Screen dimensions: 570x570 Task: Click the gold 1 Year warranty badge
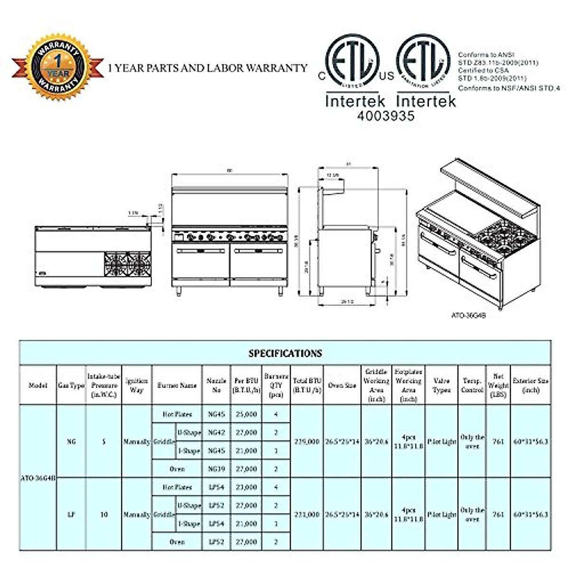coord(58,67)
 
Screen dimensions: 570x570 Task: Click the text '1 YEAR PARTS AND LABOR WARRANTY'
coord(208,68)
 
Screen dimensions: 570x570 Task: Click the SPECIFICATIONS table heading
coord(285,353)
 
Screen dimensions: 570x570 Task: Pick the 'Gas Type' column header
coord(71,385)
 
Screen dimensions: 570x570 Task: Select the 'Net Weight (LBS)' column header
coord(498,385)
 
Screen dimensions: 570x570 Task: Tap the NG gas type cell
coord(71,441)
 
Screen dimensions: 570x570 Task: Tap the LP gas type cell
coord(71,514)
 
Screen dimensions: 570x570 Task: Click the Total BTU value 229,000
coord(306,441)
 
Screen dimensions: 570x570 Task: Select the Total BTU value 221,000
coord(306,514)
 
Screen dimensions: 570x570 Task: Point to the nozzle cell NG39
coord(216,469)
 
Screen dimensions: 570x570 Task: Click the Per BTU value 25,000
coord(246,414)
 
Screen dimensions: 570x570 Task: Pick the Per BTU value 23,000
coord(246,487)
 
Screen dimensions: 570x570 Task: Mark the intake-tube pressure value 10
coord(104,514)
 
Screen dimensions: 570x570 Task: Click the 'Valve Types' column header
coord(441,385)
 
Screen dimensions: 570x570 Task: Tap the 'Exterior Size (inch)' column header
coord(531,385)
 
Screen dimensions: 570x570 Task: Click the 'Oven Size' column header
coord(342,385)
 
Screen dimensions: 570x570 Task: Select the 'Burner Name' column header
coord(177,385)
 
